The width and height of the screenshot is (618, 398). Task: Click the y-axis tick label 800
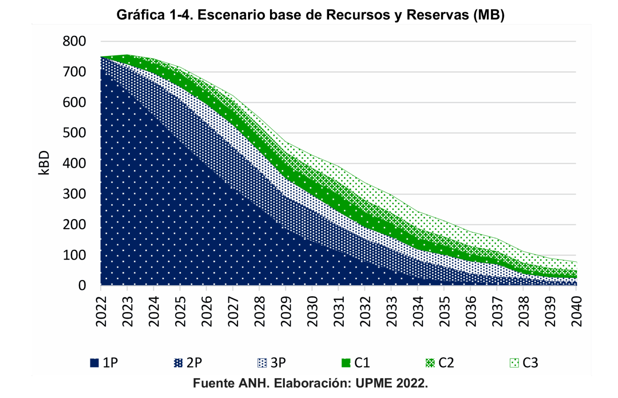point(74,41)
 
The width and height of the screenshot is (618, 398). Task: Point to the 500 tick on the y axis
point(74,133)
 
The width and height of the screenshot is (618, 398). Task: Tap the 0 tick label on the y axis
point(82,285)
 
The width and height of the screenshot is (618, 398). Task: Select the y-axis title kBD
point(44,163)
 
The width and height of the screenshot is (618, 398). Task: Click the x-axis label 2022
point(101,311)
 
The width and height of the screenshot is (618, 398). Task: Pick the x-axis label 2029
point(286,311)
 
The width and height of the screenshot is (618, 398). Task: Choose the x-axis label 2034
point(418,311)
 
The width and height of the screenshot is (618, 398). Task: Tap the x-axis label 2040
point(577,311)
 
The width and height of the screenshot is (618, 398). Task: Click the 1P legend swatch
point(94,363)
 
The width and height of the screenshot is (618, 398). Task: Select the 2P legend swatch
point(178,363)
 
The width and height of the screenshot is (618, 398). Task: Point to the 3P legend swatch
point(262,363)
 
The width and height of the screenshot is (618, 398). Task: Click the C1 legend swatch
point(346,363)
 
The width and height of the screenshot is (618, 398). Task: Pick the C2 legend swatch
point(430,363)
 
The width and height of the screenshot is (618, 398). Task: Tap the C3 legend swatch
point(514,363)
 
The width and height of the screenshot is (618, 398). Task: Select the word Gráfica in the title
point(141,15)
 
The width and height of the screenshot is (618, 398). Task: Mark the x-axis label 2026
point(207,311)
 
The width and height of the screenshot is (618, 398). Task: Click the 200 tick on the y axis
point(74,224)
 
